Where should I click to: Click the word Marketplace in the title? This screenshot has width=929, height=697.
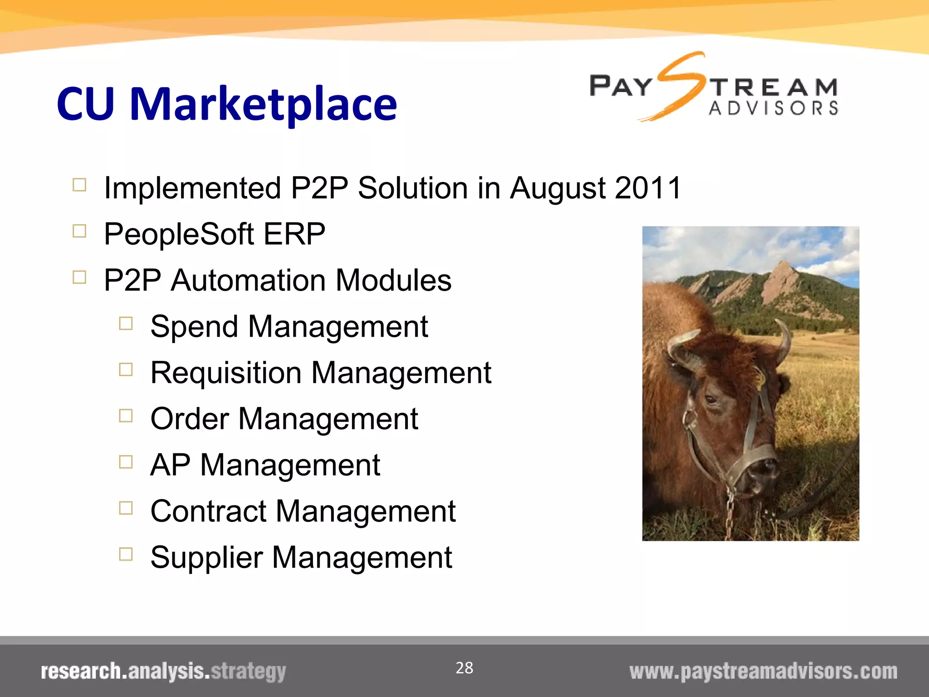(263, 104)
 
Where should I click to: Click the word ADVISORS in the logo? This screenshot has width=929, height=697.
(773, 108)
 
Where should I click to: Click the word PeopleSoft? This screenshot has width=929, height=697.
(179, 235)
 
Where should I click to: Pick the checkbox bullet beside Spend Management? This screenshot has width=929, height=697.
(126, 324)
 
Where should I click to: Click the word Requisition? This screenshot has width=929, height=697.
(225, 373)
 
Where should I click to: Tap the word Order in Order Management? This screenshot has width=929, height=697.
(189, 419)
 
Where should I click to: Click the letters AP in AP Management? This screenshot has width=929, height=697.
(170, 465)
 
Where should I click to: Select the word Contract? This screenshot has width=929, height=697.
(208, 511)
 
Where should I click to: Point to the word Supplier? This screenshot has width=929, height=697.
(206, 558)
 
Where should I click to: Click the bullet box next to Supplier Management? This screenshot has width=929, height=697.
(126, 554)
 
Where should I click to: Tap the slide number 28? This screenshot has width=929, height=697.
(464, 668)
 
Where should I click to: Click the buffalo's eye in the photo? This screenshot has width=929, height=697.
(711, 399)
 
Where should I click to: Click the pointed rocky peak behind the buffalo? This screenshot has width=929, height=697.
(781, 277)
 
